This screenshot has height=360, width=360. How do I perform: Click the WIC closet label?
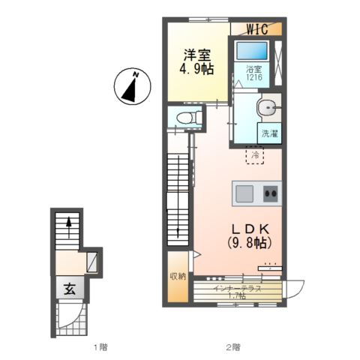tap(257, 29)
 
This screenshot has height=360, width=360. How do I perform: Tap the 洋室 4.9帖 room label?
tap(197, 62)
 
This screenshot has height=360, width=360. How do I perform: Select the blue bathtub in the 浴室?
tap(252, 50)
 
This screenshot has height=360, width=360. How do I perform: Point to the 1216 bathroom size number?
tap(254, 76)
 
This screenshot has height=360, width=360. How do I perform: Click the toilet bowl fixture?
tap(187, 117)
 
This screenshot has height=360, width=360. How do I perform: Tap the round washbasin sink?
tap(267, 108)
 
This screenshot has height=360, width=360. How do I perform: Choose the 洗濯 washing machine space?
tap(269, 133)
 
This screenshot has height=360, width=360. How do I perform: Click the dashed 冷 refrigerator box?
tap(255, 155)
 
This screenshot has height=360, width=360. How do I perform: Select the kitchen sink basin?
tap(244, 193)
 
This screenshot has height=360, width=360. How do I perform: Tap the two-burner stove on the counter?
tap(271, 193)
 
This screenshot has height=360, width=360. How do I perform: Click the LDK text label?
tap(250, 228)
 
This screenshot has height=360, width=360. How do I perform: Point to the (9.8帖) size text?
tap(250, 242)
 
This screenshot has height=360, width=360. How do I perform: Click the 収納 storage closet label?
tap(178, 276)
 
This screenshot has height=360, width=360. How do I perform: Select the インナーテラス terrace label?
tap(237, 289)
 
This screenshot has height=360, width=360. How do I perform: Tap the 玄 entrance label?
tap(70, 289)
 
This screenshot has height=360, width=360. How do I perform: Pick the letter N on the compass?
tap(136, 74)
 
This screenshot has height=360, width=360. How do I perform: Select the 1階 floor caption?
tap(100, 347)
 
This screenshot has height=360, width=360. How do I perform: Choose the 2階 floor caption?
tap(233, 347)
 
